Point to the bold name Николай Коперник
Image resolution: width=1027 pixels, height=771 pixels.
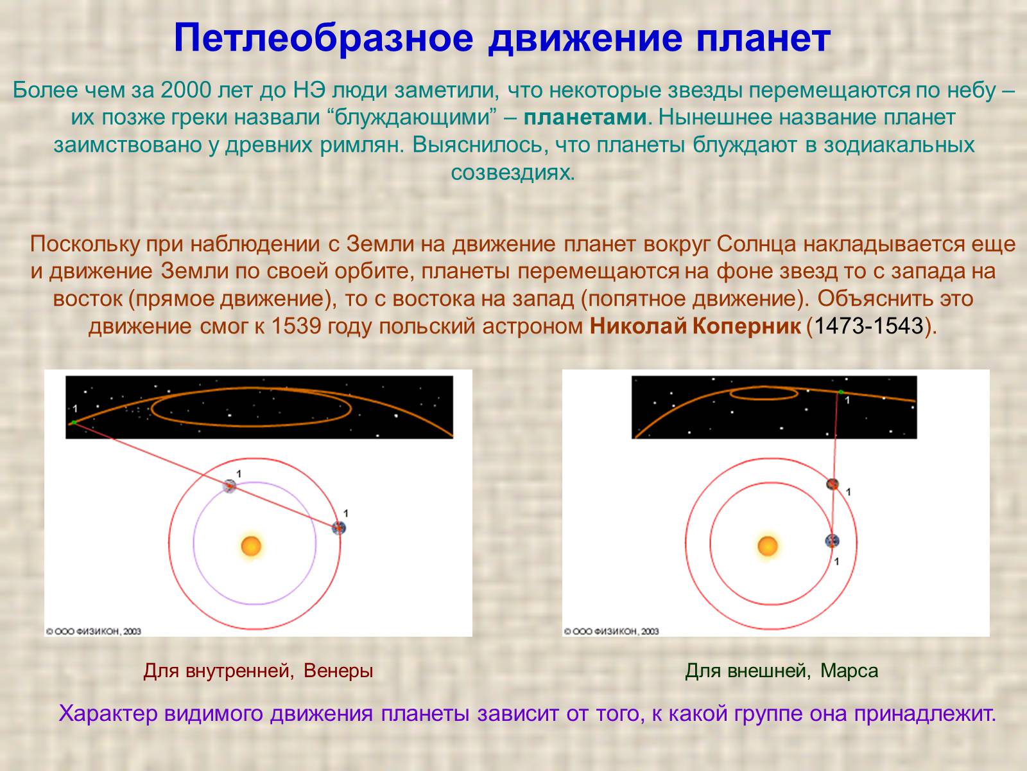(x=695, y=326)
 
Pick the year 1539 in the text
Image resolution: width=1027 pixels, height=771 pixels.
(x=296, y=326)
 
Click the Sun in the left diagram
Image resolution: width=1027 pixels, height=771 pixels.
(x=251, y=546)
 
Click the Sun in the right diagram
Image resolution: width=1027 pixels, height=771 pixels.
(x=768, y=546)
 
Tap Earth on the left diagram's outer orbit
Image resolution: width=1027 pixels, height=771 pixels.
(x=338, y=528)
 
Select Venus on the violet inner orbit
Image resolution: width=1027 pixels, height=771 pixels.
(x=229, y=486)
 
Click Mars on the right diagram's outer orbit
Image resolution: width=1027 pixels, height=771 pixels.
(x=833, y=484)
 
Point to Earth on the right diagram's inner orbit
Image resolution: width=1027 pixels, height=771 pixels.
(x=832, y=541)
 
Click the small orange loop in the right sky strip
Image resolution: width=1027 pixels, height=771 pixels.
(x=764, y=393)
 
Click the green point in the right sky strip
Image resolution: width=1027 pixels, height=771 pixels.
(x=840, y=392)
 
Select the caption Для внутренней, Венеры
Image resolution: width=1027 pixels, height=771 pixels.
(x=258, y=671)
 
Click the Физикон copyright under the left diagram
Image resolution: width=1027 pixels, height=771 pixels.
(x=94, y=631)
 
